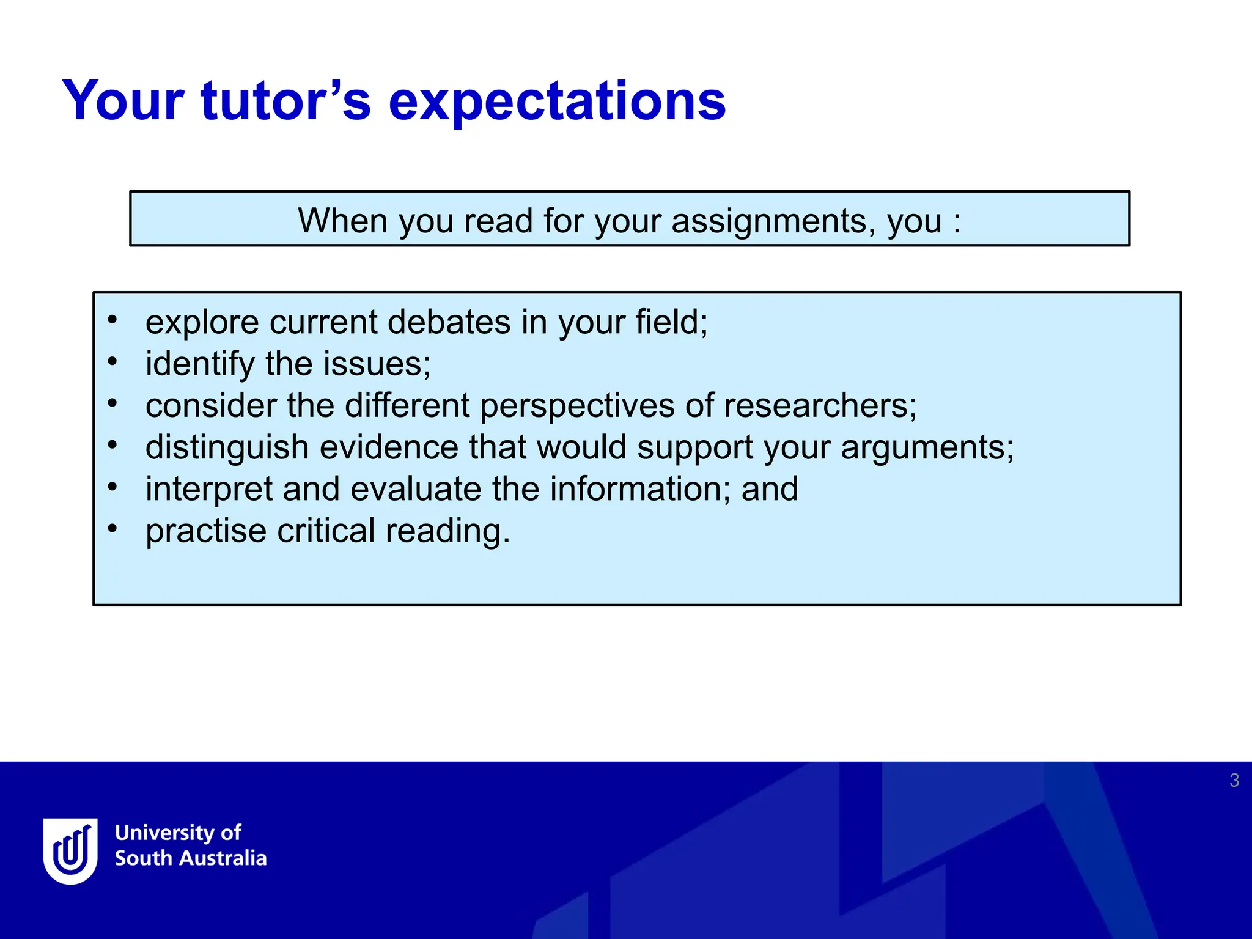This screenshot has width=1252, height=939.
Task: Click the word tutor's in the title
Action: click(285, 101)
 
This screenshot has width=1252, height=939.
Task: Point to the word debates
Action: click(449, 322)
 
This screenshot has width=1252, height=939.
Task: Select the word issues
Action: click(376, 364)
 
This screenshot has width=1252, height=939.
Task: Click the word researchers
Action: click(819, 406)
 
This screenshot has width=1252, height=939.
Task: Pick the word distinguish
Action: click(227, 447)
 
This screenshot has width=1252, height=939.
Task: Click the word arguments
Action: click(926, 447)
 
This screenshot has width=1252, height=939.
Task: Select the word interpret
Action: click(208, 489)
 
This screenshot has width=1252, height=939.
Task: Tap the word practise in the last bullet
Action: click(206, 531)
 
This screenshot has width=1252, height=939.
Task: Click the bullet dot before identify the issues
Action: click(112, 362)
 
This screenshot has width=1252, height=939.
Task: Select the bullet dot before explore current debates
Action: click(112, 320)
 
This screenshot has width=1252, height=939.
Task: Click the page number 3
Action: click(1234, 781)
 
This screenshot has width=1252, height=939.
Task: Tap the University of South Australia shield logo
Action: click(70, 850)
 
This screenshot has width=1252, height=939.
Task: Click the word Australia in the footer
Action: click(224, 858)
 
